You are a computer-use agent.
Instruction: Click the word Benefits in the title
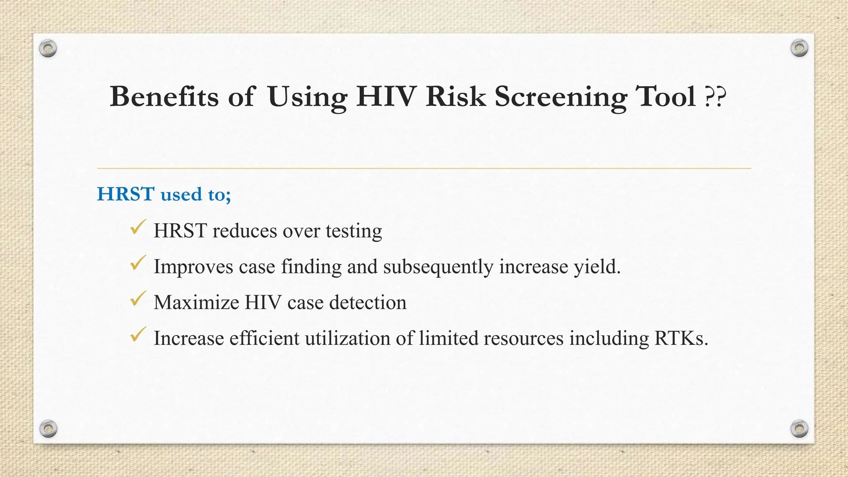(164, 97)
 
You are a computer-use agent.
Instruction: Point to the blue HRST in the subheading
(126, 194)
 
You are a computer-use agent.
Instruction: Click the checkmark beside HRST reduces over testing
(138, 227)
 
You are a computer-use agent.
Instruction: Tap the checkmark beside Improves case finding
(138, 263)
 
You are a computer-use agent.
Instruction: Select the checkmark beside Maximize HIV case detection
(138, 299)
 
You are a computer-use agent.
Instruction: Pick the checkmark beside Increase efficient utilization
(138, 335)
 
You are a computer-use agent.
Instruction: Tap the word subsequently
(438, 267)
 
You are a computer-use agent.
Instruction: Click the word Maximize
(196, 302)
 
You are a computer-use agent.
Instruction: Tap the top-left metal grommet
(48, 49)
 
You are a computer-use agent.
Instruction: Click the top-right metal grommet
(799, 48)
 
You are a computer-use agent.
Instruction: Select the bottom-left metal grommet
(48, 429)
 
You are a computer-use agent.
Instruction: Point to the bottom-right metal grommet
(799, 429)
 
